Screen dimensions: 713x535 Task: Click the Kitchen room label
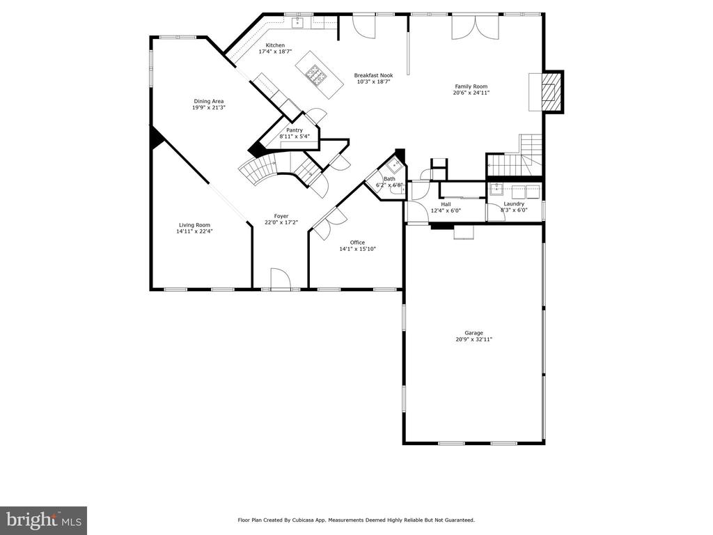[x=275, y=45]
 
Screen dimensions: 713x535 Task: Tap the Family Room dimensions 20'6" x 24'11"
[x=471, y=93]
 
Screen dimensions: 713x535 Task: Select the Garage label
[x=473, y=333]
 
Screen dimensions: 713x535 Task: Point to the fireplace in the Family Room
[x=552, y=91]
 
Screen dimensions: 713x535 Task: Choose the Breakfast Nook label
[x=373, y=75]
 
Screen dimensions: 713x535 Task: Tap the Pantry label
[x=295, y=130]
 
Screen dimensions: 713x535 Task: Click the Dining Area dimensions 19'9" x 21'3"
[x=209, y=108]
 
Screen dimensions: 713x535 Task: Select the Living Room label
[x=195, y=225]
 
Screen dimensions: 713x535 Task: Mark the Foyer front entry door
[x=280, y=279]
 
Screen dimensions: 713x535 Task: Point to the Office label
[x=357, y=242]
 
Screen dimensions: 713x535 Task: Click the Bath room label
[x=389, y=179]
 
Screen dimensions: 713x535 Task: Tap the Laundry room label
[x=514, y=204]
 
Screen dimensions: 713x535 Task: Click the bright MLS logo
[x=44, y=520]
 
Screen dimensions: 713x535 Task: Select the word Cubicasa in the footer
[x=307, y=520]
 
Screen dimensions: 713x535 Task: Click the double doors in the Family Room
[x=475, y=27]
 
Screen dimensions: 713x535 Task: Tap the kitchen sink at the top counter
[x=298, y=22]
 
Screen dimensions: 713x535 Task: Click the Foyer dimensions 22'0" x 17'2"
[x=281, y=222]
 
